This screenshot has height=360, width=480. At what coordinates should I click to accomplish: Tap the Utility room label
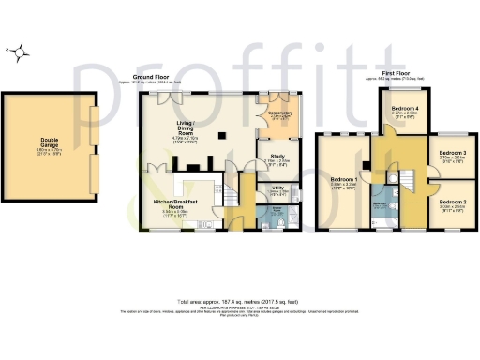[x=277, y=188]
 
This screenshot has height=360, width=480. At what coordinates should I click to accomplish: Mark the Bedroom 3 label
[x=452, y=154]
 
